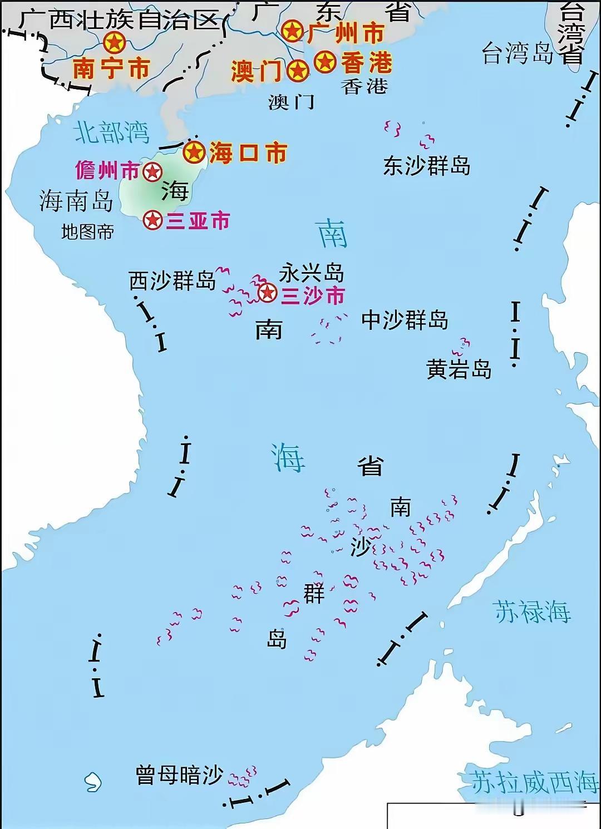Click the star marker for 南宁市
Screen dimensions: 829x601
114,42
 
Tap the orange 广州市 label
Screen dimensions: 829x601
345,33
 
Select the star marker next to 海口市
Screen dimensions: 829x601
194,152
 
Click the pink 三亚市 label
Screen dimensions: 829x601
198,221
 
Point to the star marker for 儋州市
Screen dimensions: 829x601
152,172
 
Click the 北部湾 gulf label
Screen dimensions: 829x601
112,132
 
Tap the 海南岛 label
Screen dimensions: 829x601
76,201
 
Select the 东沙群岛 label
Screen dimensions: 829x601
426,166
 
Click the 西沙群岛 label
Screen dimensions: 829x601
172,280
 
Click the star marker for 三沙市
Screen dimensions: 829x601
268,292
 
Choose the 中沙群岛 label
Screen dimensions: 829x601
405,320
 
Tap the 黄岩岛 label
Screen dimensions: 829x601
459,369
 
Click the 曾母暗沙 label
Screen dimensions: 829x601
179,775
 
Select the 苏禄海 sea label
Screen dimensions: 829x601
531,611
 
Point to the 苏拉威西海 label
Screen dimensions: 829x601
533,782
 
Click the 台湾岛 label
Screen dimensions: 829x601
517,54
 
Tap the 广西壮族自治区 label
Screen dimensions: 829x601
118,20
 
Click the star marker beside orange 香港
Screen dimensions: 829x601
325,62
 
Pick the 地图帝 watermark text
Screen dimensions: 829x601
87,231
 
